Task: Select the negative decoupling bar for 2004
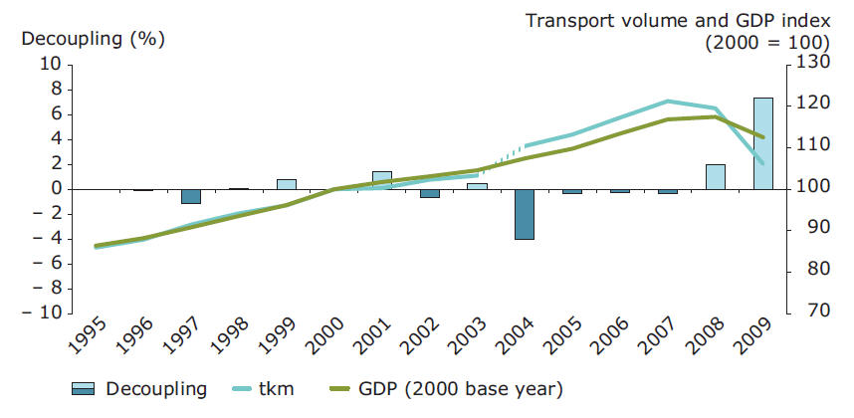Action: click(x=525, y=214)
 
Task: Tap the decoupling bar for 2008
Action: click(x=715, y=177)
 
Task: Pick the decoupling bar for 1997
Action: click(x=191, y=196)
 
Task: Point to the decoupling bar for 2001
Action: click(x=382, y=180)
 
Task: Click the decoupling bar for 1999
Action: click(x=287, y=184)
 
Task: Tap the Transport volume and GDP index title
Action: click(x=676, y=21)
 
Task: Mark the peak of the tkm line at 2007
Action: click(x=668, y=101)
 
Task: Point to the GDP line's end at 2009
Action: click(x=763, y=137)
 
